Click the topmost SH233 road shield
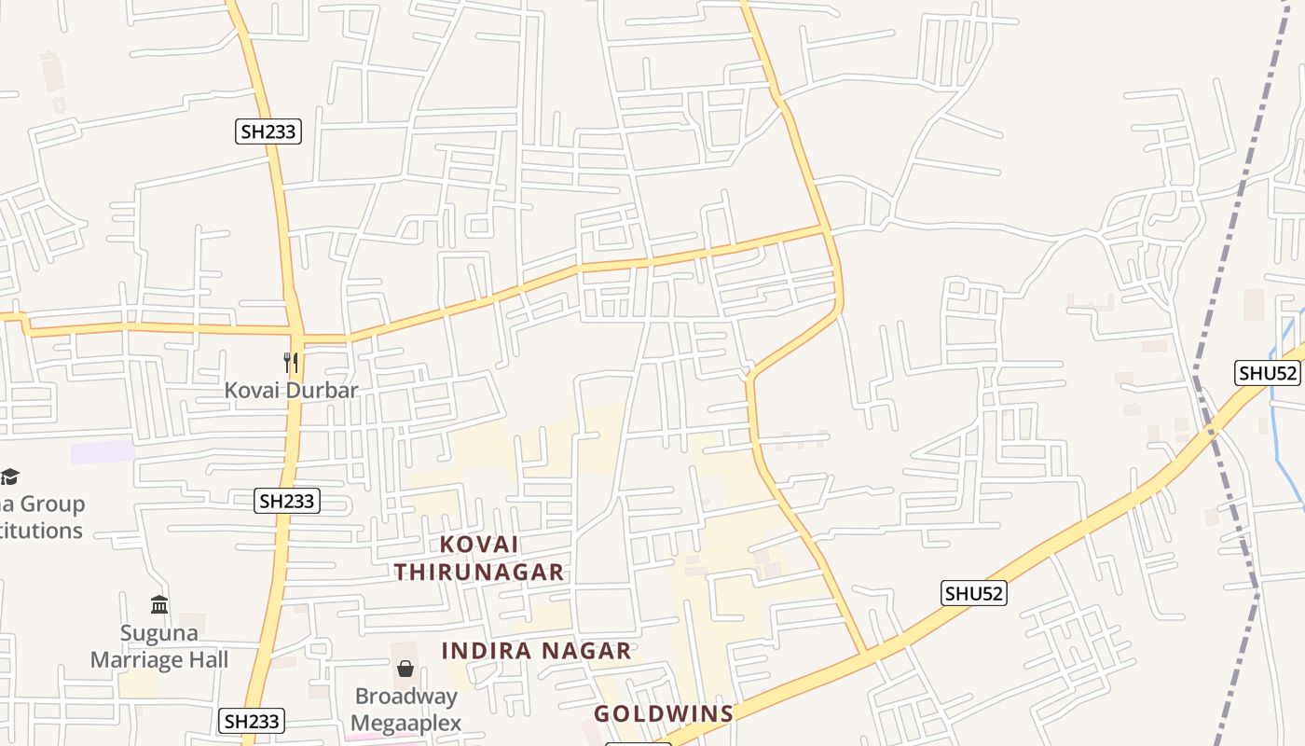(268, 131)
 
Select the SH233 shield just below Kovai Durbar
(287, 501)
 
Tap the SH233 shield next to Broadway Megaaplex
(252, 721)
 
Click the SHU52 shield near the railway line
(1268, 373)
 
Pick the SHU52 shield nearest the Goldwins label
(974, 593)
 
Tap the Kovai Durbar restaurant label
(291, 390)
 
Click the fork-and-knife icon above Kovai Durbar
(291, 362)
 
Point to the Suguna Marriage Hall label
(159, 646)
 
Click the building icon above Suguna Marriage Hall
(159, 605)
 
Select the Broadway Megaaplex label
(405, 710)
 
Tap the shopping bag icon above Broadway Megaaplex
(405, 669)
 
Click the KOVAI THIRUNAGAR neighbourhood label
(479, 558)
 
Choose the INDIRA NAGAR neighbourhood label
(536, 651)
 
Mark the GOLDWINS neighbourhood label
(664, 714)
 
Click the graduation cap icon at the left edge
(9, 477)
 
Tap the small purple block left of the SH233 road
(103, 452)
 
